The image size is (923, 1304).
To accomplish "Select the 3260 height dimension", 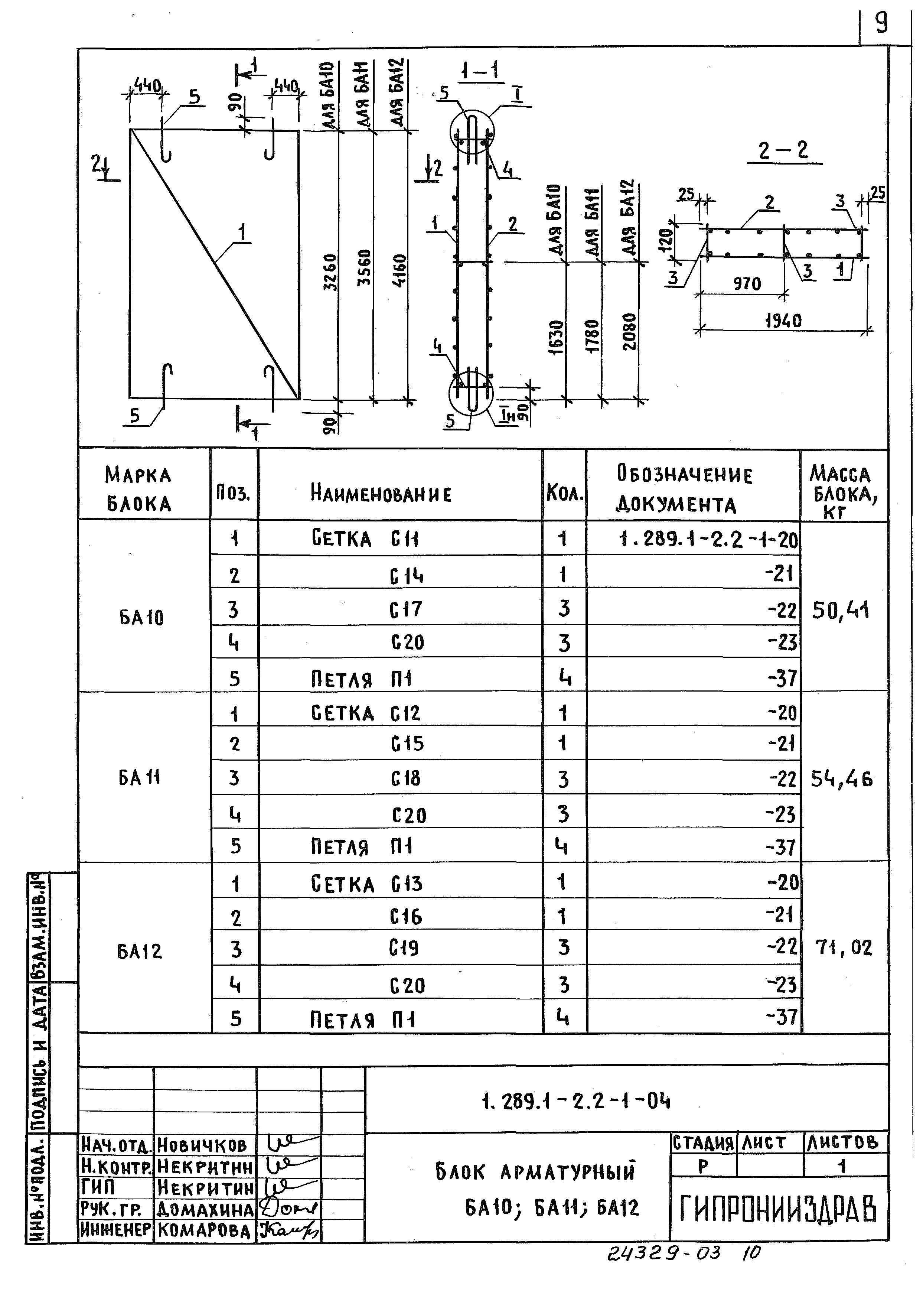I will coord(330,272).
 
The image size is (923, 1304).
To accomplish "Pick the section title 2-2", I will coord(783,151).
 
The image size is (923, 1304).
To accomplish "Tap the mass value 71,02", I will coord(844,947).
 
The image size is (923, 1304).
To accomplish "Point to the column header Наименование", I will coord(381,493).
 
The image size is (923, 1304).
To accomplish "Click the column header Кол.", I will coord(564,493).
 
